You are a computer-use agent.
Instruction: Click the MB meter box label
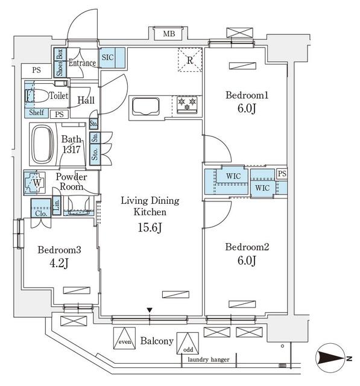click(169, 34)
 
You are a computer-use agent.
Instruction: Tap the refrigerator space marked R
click(190, 60)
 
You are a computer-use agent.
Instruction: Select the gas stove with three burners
click(187, 105)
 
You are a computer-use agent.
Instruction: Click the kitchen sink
click(146, 107)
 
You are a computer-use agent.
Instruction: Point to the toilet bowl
click(36, 96)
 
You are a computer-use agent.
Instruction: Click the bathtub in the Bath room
click(43, 145)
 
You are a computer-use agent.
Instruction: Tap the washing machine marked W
click(35, 183)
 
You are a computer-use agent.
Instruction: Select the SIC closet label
click(107, 57)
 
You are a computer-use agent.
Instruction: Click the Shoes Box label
click(60, 63)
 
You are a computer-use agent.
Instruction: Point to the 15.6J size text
click(150, 227)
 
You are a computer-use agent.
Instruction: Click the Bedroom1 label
click(247, 95)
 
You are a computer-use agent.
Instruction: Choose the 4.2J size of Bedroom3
click(59, 263)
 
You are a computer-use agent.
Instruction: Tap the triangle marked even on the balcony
click(124, 338)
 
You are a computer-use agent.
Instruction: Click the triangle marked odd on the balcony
click(188, 343)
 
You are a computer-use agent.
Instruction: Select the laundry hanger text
click(209, 359)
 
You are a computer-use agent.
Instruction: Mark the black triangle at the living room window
click(150, 310)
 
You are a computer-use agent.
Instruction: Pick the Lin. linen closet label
click(57, 205)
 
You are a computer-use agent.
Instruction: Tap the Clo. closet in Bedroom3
click(41, 207)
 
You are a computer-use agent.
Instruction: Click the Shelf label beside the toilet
click(36, 113)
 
